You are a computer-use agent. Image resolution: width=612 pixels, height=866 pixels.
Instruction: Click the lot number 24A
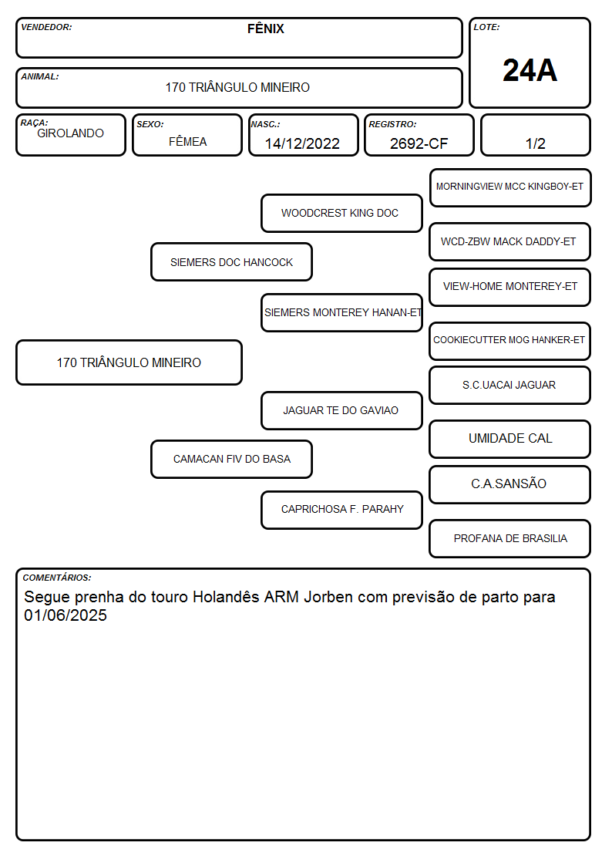[530, 71]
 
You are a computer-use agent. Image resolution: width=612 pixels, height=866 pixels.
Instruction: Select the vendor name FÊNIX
[265, 29]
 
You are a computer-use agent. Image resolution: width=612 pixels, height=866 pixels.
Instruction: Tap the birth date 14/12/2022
[302, 143]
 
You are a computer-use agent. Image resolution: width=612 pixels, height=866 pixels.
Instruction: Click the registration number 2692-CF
[419, 143]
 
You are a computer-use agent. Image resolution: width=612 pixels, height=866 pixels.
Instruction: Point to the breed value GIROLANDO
[71, 133]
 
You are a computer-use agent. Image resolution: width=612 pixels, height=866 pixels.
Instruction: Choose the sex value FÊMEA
[187, 141]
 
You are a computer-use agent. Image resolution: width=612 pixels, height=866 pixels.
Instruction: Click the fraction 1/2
[535, 143]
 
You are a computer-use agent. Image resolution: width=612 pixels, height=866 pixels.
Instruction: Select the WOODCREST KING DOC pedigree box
[341, 213]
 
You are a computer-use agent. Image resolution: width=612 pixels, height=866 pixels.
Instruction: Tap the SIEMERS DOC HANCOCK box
[232, 262]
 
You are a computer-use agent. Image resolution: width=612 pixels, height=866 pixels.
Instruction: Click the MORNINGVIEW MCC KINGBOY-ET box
[510, 188]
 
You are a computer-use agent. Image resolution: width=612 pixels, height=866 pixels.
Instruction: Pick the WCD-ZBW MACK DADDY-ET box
[510, 242]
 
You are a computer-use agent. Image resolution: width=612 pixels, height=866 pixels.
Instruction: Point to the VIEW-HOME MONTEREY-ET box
[510, 287]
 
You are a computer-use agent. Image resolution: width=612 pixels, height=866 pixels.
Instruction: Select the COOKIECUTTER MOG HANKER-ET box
[510, 341]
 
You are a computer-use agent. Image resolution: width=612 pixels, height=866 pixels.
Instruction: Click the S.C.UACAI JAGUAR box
[510, 386]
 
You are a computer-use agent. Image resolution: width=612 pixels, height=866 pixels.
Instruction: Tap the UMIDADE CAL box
[510, 439]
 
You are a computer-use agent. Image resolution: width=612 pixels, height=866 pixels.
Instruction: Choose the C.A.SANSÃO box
[510, 484]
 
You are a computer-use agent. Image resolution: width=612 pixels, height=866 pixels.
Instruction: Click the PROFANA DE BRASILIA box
[510, 538]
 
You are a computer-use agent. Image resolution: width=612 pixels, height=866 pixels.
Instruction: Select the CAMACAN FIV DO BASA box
[232, 459]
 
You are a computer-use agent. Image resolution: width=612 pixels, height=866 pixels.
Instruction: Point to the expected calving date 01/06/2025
[65, 615]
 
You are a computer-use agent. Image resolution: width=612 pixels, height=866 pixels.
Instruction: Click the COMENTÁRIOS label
[57, 578]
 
